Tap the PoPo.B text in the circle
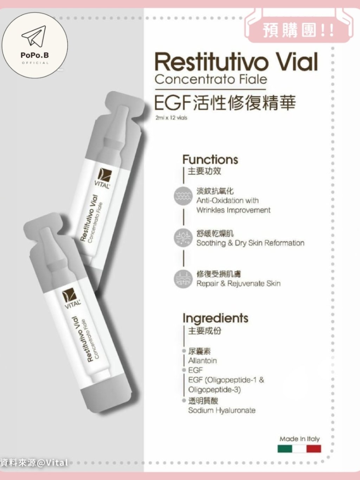pos(35,56)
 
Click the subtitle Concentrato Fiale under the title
pos(211,79)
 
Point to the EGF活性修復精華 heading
pos(225,103)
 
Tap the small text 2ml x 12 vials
pos(171,118)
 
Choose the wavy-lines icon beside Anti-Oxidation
pos(183,196)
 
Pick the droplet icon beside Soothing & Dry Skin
pos(183,238)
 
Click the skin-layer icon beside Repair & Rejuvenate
pos(183,280)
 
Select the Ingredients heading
pos(215,319)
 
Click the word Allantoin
pos(202,360)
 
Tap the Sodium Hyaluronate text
pos(222,410)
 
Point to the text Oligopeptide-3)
pos(214,390)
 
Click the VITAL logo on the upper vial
pos(103,178)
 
